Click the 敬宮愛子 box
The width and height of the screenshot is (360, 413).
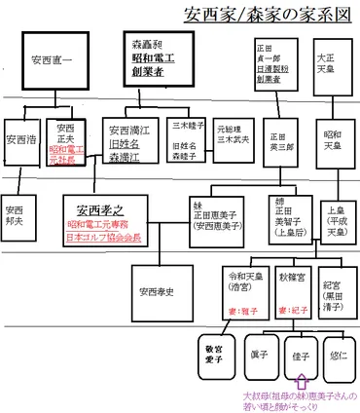pyautogui.click(x=215, y=355)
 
